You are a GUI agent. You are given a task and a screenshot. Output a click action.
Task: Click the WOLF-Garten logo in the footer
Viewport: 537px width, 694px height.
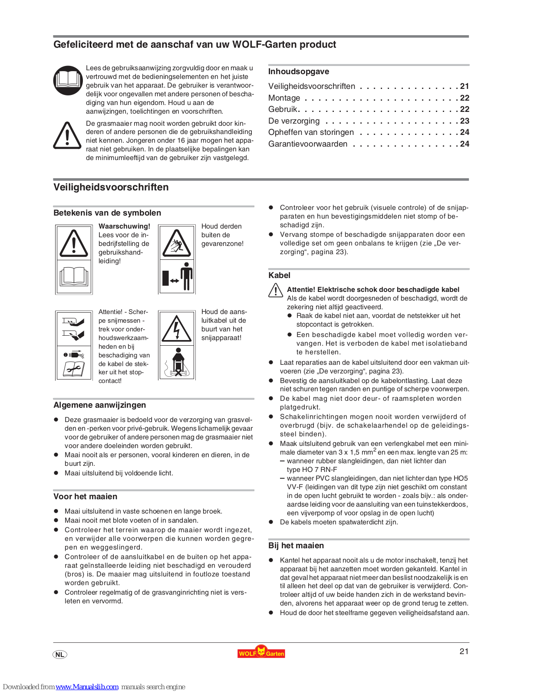coord(261,652)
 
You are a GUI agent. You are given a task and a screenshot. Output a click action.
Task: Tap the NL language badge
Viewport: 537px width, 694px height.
coord(60,655)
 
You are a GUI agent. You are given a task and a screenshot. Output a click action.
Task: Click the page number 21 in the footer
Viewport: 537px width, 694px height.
coord(464,651)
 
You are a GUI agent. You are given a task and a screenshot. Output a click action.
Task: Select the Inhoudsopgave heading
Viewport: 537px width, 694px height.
coord(298,72)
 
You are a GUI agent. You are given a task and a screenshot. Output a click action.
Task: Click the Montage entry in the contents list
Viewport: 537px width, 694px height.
coord(284,98)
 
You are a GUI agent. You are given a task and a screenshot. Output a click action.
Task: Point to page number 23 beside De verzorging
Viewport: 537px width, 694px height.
coord(465,121)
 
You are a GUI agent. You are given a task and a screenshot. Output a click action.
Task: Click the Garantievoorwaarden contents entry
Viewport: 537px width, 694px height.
coord(307,144)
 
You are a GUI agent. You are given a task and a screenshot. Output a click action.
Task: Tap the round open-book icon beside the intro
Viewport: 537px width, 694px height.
coord(68,80)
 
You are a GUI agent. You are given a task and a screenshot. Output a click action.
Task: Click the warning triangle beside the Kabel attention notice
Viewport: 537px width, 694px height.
coord(276,290)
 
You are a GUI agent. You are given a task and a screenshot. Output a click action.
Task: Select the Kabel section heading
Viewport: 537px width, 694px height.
coord(279,275)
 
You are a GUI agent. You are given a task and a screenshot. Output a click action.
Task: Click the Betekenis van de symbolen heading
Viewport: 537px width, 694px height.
coord(107,213)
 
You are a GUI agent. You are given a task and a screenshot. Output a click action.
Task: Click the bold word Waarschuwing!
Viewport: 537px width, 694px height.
coord(124,226)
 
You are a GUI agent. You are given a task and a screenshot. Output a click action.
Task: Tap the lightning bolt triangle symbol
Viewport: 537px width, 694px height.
coord(176,328)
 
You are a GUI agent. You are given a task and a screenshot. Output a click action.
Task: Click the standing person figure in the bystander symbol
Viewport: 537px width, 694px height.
coord(187,276)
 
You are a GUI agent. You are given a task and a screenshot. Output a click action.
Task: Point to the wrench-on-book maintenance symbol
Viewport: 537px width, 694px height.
coord(74,368)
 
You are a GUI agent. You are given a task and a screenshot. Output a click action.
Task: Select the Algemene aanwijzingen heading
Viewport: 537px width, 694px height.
coord(99,405)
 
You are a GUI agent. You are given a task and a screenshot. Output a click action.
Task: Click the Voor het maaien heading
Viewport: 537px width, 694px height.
coord(85,497)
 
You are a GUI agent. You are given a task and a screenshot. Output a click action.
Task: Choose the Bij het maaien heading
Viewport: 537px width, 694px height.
coord(296,546)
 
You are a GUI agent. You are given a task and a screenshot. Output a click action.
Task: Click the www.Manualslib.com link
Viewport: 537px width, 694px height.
coord(87,687)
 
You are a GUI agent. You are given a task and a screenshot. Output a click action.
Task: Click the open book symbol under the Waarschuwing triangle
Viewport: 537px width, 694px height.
coord(74,276)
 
